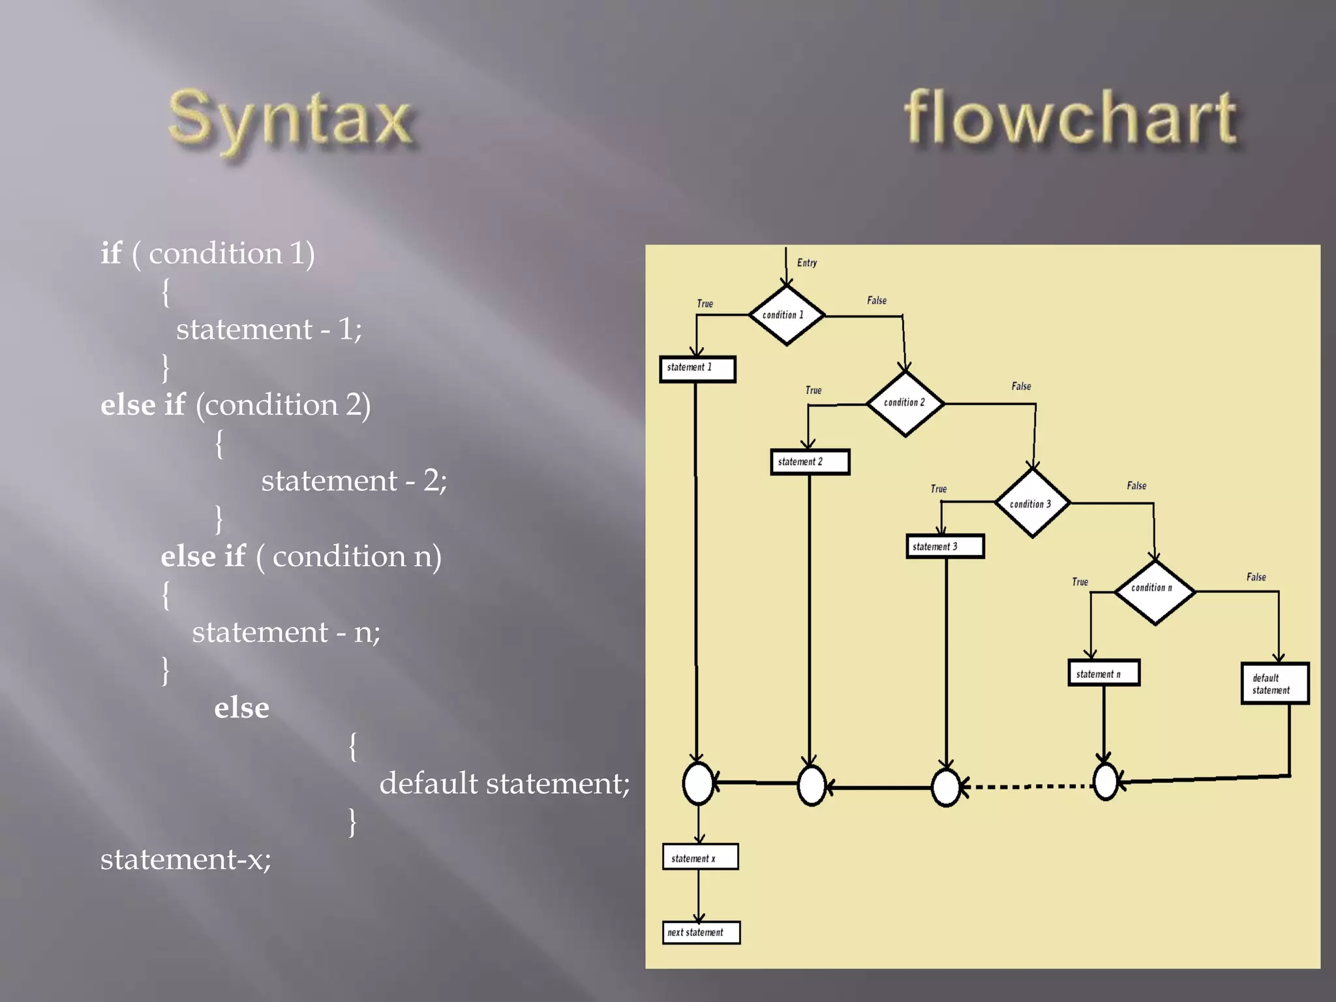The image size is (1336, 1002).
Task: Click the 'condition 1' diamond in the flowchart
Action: (x=785, y=315)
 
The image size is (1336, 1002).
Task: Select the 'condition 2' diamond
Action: (x=905, y=403)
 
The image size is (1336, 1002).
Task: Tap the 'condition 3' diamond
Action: (x=1031, y=504)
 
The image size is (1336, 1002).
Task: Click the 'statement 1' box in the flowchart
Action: (x=697, y=369)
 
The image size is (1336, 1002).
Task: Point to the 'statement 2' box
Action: (x=810, y=462)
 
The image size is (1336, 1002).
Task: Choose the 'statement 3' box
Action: (x=945, y=546)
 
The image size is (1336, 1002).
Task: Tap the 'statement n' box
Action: (x=1103, y=673)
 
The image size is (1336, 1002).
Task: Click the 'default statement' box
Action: (x=1274, y=684)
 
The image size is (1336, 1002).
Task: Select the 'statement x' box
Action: (x=700, y=857)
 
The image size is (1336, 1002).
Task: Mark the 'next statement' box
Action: (x=701, y=932)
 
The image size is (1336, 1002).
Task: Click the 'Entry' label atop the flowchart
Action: (x=807, y=263)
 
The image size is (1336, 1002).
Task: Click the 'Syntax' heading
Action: (x=290, y=121)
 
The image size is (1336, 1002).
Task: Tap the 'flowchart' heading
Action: (x=1069, y=119)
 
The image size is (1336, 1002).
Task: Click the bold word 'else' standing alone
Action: (x=241, y=708)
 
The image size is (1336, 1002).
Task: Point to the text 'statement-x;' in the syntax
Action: (x=185, y=859)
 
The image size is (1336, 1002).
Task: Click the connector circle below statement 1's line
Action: (x=698, y=783)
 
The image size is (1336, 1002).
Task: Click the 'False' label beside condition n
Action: (x=1256, y=577)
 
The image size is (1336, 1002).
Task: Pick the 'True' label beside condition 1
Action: (x=705, y=304)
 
